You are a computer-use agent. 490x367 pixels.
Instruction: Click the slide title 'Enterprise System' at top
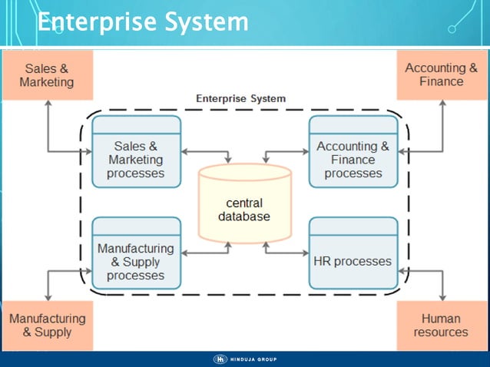[x=143, y=21]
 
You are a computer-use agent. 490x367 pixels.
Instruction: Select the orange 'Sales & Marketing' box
[x=47, y=75]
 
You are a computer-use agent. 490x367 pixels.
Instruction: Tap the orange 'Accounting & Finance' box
[x=441, y=75]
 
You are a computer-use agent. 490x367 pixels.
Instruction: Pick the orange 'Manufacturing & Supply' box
[x=47, y=325]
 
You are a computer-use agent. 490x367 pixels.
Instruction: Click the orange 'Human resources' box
[x=441, y=325]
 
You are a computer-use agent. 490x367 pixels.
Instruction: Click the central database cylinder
[x=244, y=203]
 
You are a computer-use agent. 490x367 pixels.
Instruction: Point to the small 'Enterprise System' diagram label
[x=240, y=99]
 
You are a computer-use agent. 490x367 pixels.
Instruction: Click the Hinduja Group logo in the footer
[x=245, y=359]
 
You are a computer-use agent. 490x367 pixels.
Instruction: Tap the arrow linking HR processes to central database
[x=285, y=251]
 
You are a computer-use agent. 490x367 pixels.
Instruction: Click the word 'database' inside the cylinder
[x=244, y=217]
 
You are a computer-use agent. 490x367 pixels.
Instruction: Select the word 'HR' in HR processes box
[x=323, y=261]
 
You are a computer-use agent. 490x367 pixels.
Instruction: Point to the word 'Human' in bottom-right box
[x=441, y=318]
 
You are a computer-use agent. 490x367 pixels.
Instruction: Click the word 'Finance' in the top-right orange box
[x=441, y=81]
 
